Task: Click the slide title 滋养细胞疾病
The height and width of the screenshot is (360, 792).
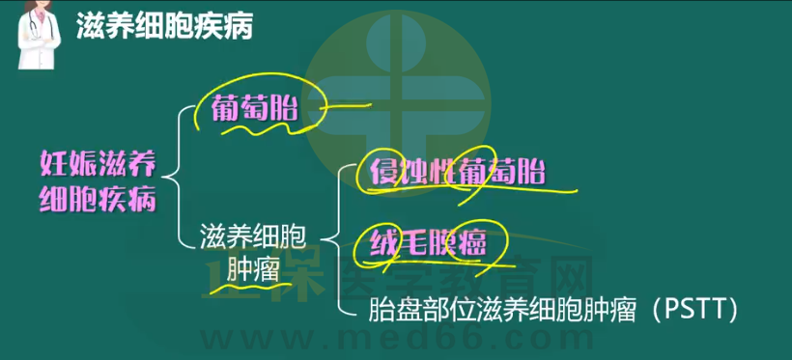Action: click(x=164, y=27)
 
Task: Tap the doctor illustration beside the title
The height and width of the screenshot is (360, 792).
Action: click(x=39, y=35)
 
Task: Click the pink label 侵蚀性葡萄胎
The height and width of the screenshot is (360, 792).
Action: click(x=458, y=173)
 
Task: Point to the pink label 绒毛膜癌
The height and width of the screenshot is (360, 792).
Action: click(x=427, y=244)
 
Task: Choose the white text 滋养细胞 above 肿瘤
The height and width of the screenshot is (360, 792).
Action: click(x=252, y=236)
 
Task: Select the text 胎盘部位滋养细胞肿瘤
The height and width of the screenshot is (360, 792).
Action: click(x=501, y=310)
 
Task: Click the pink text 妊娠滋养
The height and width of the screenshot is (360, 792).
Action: click(x=99, y=165)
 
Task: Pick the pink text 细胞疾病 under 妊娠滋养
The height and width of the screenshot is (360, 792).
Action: click(x=99, y=200)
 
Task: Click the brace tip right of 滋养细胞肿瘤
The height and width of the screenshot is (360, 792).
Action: click(x=323, y=240)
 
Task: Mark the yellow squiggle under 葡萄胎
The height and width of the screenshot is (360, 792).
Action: click(x=259, y=127)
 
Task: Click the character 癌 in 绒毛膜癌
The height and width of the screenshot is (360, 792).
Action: click(x=471, y=244)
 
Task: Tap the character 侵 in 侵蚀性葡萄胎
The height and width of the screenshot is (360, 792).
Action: click(x=383, y=173)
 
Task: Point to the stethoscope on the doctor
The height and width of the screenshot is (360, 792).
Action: click(x=35, y=26)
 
